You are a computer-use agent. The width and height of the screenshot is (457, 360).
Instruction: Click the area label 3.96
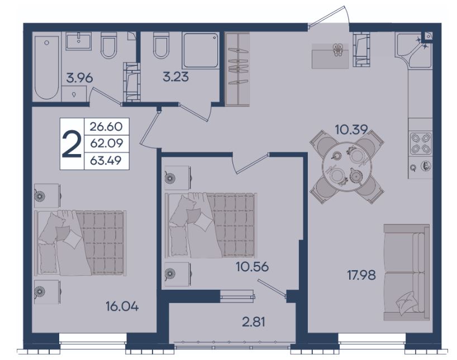click(79, 78)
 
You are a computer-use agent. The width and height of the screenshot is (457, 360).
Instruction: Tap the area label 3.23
click(176, 77)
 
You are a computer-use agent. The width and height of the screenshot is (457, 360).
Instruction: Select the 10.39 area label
click(351, 129)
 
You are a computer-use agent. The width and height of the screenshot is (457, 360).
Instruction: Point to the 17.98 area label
click(361, 275)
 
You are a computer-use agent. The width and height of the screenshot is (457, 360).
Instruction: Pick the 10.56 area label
click(253, 266)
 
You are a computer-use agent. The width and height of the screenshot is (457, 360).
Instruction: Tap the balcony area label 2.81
click(254, 322)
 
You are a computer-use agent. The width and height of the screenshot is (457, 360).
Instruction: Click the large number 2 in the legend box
click(72, 144)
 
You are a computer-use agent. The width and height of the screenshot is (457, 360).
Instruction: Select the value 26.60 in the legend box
click(106, 127)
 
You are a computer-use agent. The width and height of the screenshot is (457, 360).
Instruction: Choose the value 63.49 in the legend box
click(106, 160)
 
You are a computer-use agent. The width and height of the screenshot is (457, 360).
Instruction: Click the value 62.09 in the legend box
click(107, 143)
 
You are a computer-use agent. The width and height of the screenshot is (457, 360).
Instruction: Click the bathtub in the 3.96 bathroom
click(46, 68)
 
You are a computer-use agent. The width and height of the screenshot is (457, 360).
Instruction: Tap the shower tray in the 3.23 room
click(201, 51)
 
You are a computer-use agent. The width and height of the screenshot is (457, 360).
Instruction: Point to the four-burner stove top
click(420, 143)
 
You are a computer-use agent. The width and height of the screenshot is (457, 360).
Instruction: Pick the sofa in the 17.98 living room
click(407, 272)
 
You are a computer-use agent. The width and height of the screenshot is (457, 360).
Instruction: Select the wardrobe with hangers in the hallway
click(237, 69)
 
